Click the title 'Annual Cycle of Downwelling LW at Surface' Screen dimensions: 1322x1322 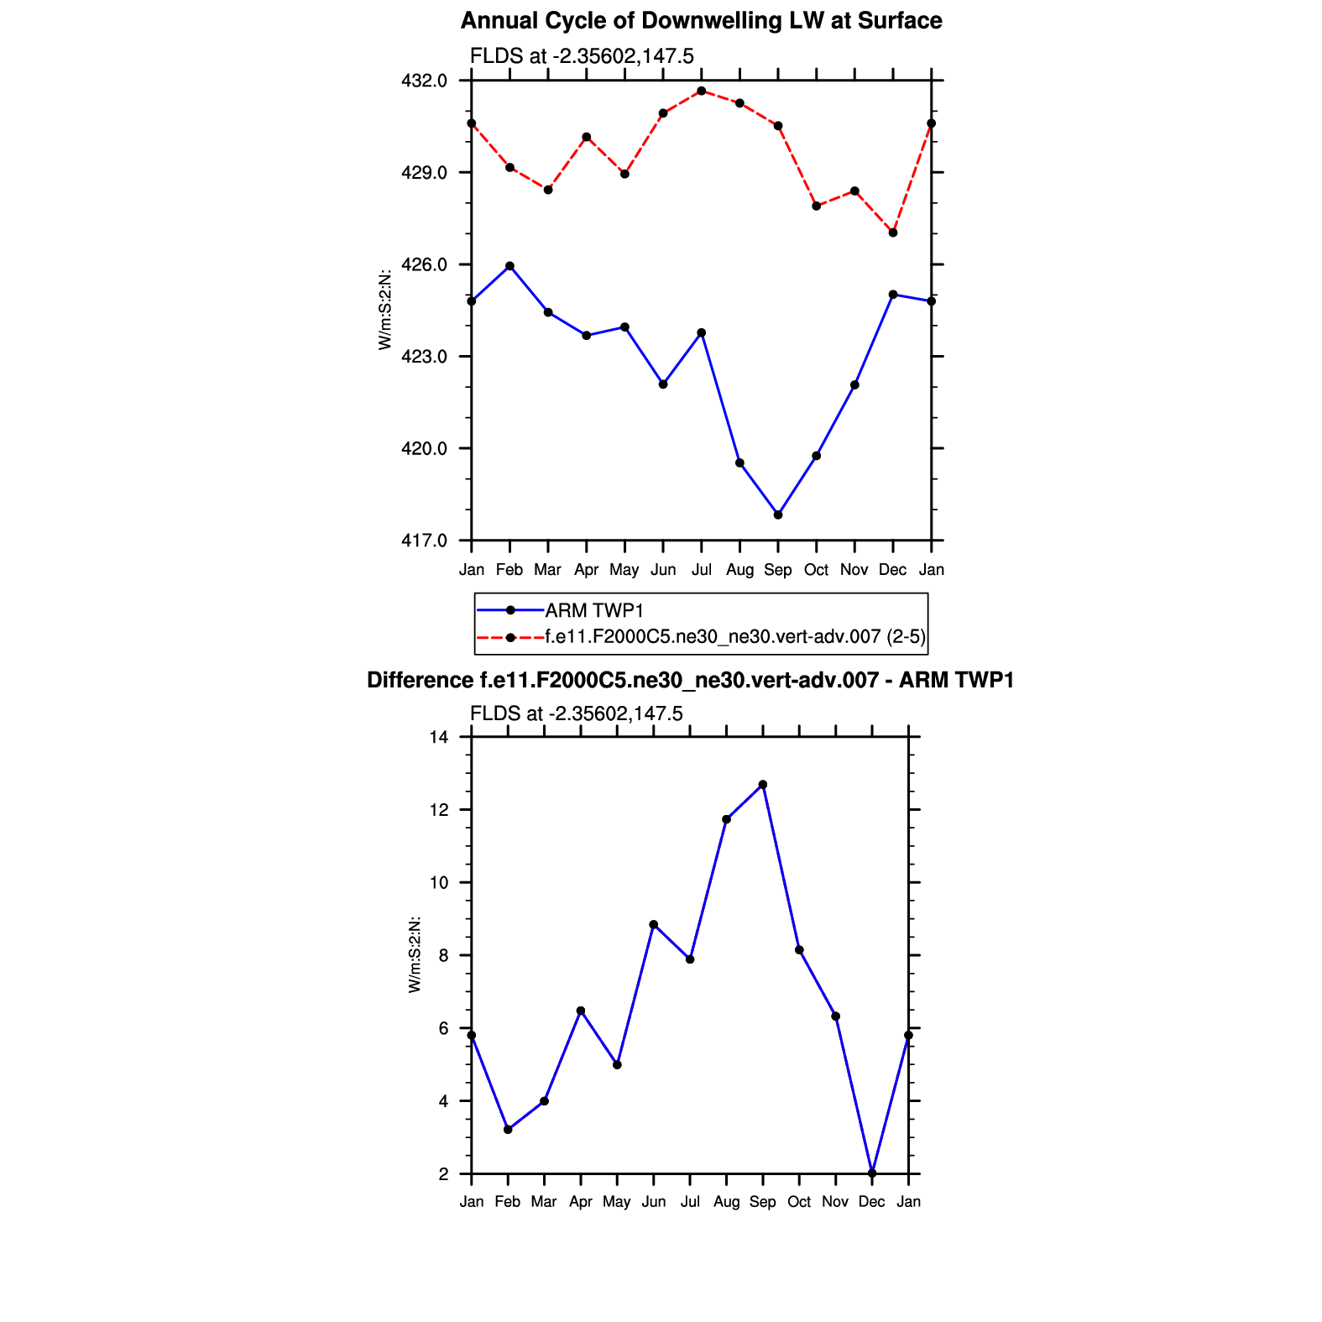701,21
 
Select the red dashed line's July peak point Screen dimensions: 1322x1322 702,91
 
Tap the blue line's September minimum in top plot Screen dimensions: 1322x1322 778,515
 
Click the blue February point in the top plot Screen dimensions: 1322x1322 509,266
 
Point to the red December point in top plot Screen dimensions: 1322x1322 893,233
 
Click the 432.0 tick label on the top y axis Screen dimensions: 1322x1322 425,81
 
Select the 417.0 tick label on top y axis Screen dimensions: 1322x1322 425,541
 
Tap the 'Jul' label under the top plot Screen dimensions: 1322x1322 702,570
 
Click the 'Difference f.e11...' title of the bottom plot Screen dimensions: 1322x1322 690,680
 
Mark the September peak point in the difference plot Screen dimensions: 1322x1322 763,785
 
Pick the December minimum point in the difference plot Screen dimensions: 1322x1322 872,1173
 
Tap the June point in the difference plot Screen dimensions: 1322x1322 654,924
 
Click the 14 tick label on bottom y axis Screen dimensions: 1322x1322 439,738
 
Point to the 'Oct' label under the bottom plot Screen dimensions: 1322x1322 799,1202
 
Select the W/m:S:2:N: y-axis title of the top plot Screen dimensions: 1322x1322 385,310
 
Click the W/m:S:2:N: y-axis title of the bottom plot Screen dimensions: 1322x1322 415,954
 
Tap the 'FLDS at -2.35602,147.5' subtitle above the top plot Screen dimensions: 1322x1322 582,56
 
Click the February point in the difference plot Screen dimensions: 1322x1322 508,1130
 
